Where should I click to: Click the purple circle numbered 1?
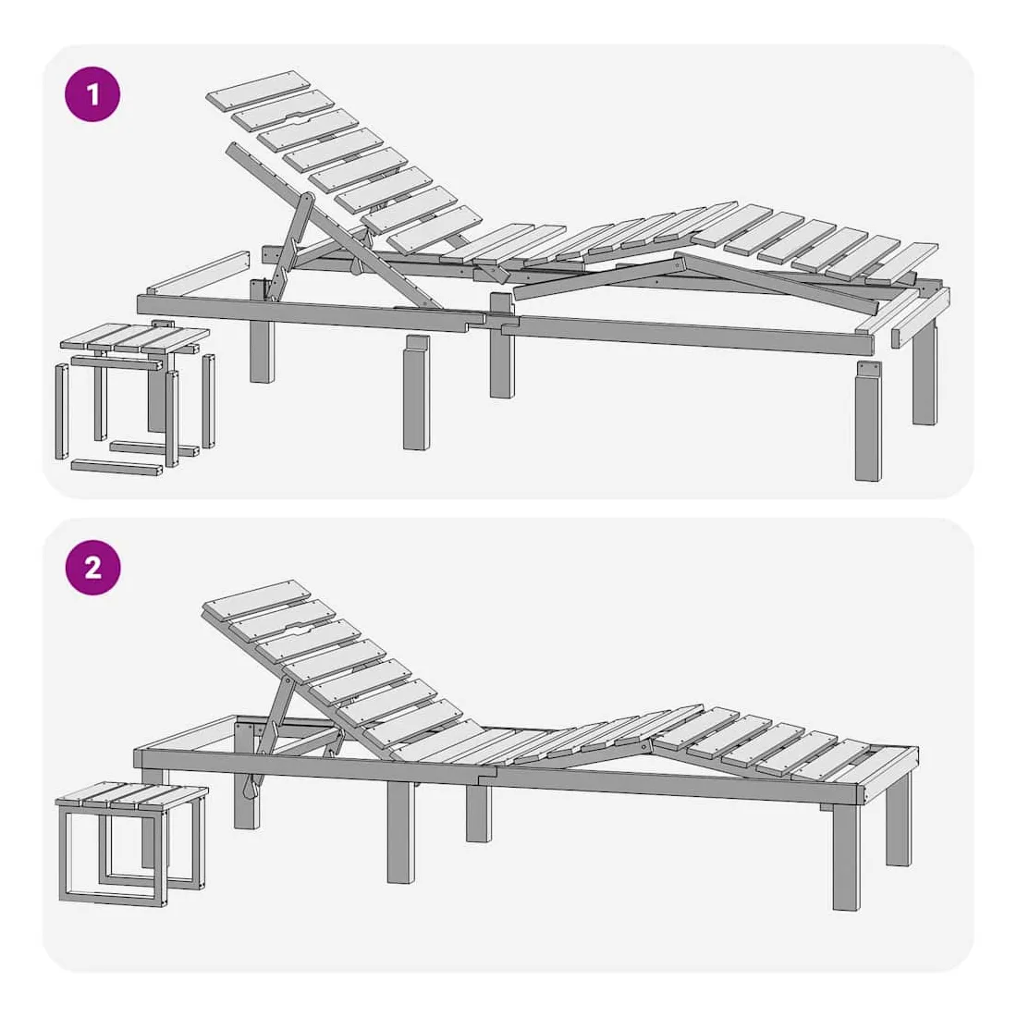pos(92,94)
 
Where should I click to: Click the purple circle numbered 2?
pos(92,568)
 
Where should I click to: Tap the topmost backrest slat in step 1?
pos(258,91)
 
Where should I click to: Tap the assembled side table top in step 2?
pos(132,796)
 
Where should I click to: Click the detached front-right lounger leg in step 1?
pos(868,422)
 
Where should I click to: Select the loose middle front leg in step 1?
pos(416,392)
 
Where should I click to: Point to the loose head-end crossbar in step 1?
pos(199,273)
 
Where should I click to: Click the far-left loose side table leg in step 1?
pos(62,411)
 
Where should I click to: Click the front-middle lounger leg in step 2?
pos(401,831)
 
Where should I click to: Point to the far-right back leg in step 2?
pos(899,818)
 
